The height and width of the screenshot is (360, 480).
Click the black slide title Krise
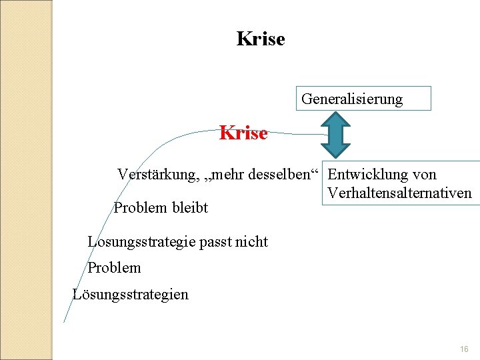(x=261, y=39)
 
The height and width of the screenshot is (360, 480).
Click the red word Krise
(x=243, y=133)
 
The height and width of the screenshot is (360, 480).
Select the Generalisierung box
(x=363, y=99)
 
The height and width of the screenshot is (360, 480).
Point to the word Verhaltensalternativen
(x=399, y=194)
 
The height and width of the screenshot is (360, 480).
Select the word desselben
(x=279, y=175)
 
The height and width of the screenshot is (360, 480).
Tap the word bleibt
(x=190, y=207)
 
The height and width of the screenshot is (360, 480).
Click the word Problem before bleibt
(x=141, y=207)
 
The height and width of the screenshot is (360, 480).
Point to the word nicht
(x=251, y=241)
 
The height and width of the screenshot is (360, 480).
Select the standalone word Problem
(x=114, y=267)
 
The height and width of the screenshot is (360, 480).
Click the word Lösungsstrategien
(x=131, y=294)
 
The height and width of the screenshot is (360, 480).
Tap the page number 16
(x=464, y=349)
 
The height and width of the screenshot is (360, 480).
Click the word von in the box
(x=424, y=175)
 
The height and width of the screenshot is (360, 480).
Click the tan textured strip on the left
(x=25, y=180)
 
